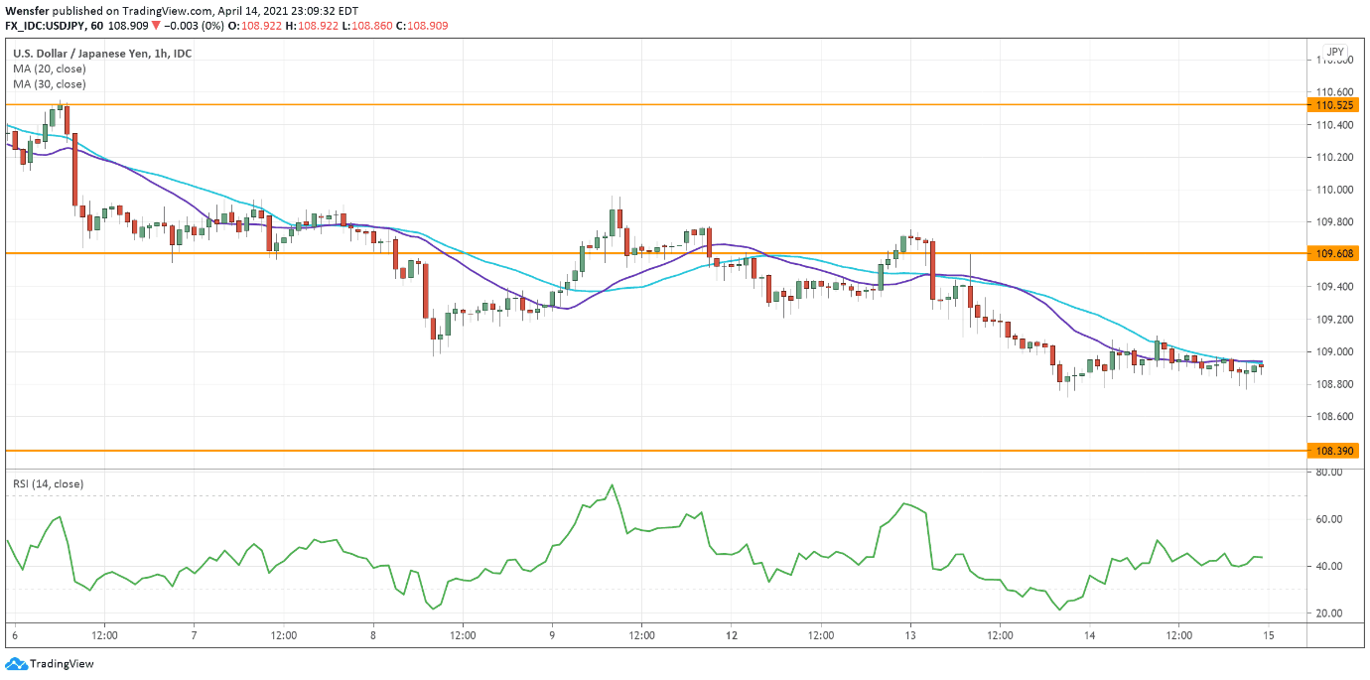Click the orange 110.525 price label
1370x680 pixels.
pyautogui.click(x=1335, y=104)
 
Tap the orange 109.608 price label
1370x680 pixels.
pyautogui.click(x=1335, y=254)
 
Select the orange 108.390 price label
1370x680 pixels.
pyautogui.click(x=1335, y=451)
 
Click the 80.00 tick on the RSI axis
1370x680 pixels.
pyautogui.click(x=1329, y=473)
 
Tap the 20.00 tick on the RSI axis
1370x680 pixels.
pyautogui.click(x=1329, y=613)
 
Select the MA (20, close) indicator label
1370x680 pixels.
pyautogui.click(x=49, y=68)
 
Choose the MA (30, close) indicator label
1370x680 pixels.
pyautogui.click(x=49, y=84)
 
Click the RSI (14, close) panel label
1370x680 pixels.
pyautogui.click(x=48, y=483)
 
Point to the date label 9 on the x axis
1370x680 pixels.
pyautogui.click(x=552, y=634)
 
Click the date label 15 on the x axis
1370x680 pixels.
pyautogui.click(x=1268, y=634)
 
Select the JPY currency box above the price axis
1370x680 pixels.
pyautogui.click(x=1335, y=52)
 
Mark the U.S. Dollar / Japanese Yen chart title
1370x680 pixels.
pyautogui.click(x=101, y=53)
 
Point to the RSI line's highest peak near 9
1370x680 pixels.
pyautogui.click(x=612, y=484)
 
